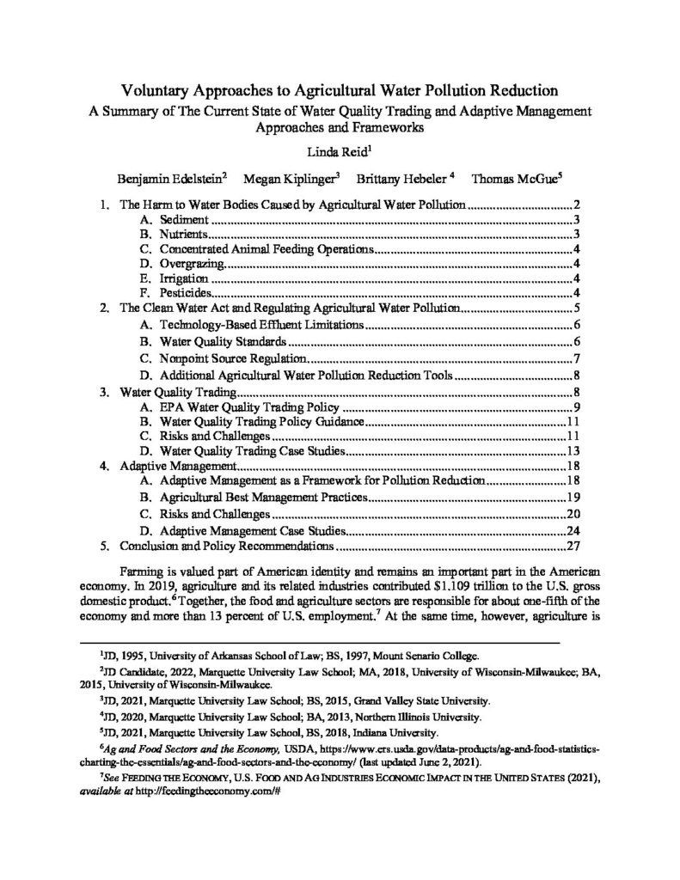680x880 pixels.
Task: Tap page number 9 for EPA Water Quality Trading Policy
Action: click(x=569, y=406)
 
